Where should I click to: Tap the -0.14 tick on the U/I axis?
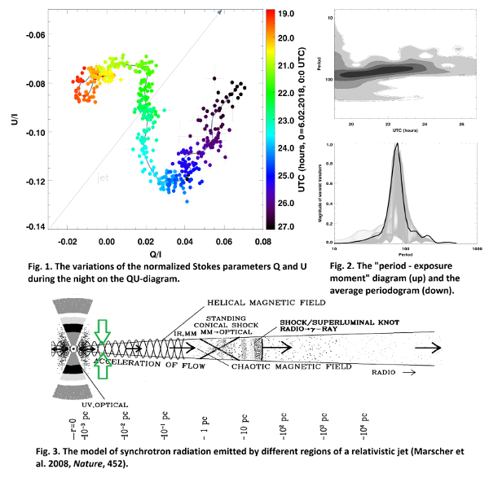coord(37,226)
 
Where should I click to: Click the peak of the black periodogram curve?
coord(396,145)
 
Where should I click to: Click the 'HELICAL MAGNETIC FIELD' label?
coord(258,299)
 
